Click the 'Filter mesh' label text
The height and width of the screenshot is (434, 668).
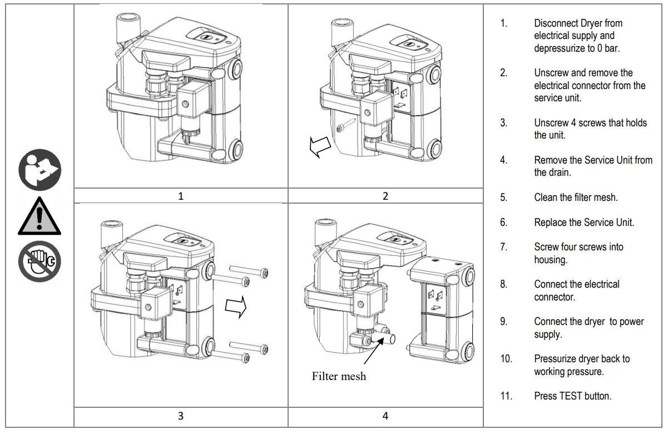click(339, 376)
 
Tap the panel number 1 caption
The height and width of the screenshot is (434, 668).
click(181, 195)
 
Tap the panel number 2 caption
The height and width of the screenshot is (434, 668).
click(385, 195)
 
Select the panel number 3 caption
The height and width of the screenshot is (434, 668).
click(181, 415)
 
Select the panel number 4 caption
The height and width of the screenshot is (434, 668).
click(385, 415)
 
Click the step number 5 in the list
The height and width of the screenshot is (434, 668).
click(503, 197)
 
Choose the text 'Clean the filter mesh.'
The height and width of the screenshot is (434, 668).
click(576, 197)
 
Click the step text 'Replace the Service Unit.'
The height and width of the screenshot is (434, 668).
click(584, 222)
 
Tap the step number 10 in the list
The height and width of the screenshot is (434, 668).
click(506, 359)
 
